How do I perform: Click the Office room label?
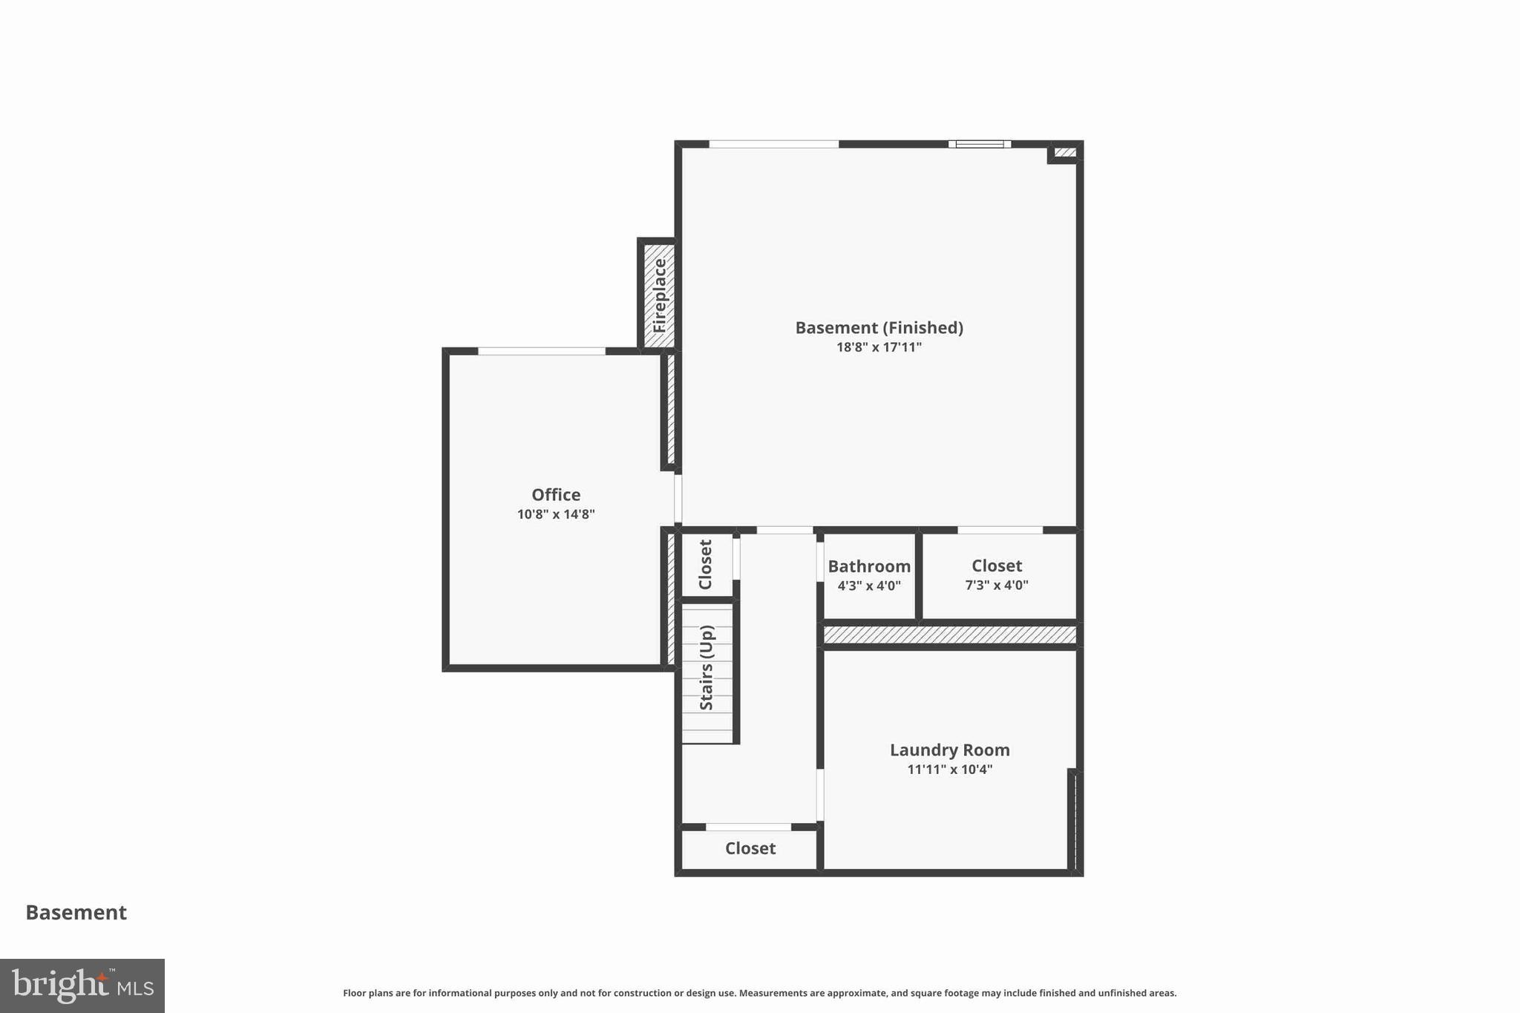pyautogui.click(x=556, y=494)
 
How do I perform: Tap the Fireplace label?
pyautogui.click(x=660, y=295)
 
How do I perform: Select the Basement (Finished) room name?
pyautogui.click(x=879, y=327)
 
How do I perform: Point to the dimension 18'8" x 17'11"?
pyautogui.click(x=879, y=347)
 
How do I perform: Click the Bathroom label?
pyautogui.click(x=869, y=566)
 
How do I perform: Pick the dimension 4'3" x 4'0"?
pyautogui.click(x=869, y=586)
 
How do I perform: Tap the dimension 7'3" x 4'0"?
pyautogui.click(x=996, y=585)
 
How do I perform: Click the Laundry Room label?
pyautogui.click(x=949, y=750)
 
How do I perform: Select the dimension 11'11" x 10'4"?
pyautogui.click(x=949, y=770)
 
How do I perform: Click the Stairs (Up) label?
pyautogui.click(x=707, y=668)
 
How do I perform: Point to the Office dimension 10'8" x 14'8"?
pyautogui.click(x=556, y=514)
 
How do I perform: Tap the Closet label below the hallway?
pyautogui.click(x=750, y=848)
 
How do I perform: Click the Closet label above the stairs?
pyautogui.click(x=705, y=565)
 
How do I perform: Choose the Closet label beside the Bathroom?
pyautogui.click(x=996, y=565)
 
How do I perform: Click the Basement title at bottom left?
pyautogui.click(x=76, y=912)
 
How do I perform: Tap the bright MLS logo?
pyautogui.click(x=82, y=986)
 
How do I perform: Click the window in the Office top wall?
pyautogui.click(x=542, y=351)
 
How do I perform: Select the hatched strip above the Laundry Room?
pyautogui.click(x=949, y=635)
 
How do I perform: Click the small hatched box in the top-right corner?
pyautogui.click(x=1065, y=153)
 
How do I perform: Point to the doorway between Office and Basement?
pyautogui.click(x=678, y=499)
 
